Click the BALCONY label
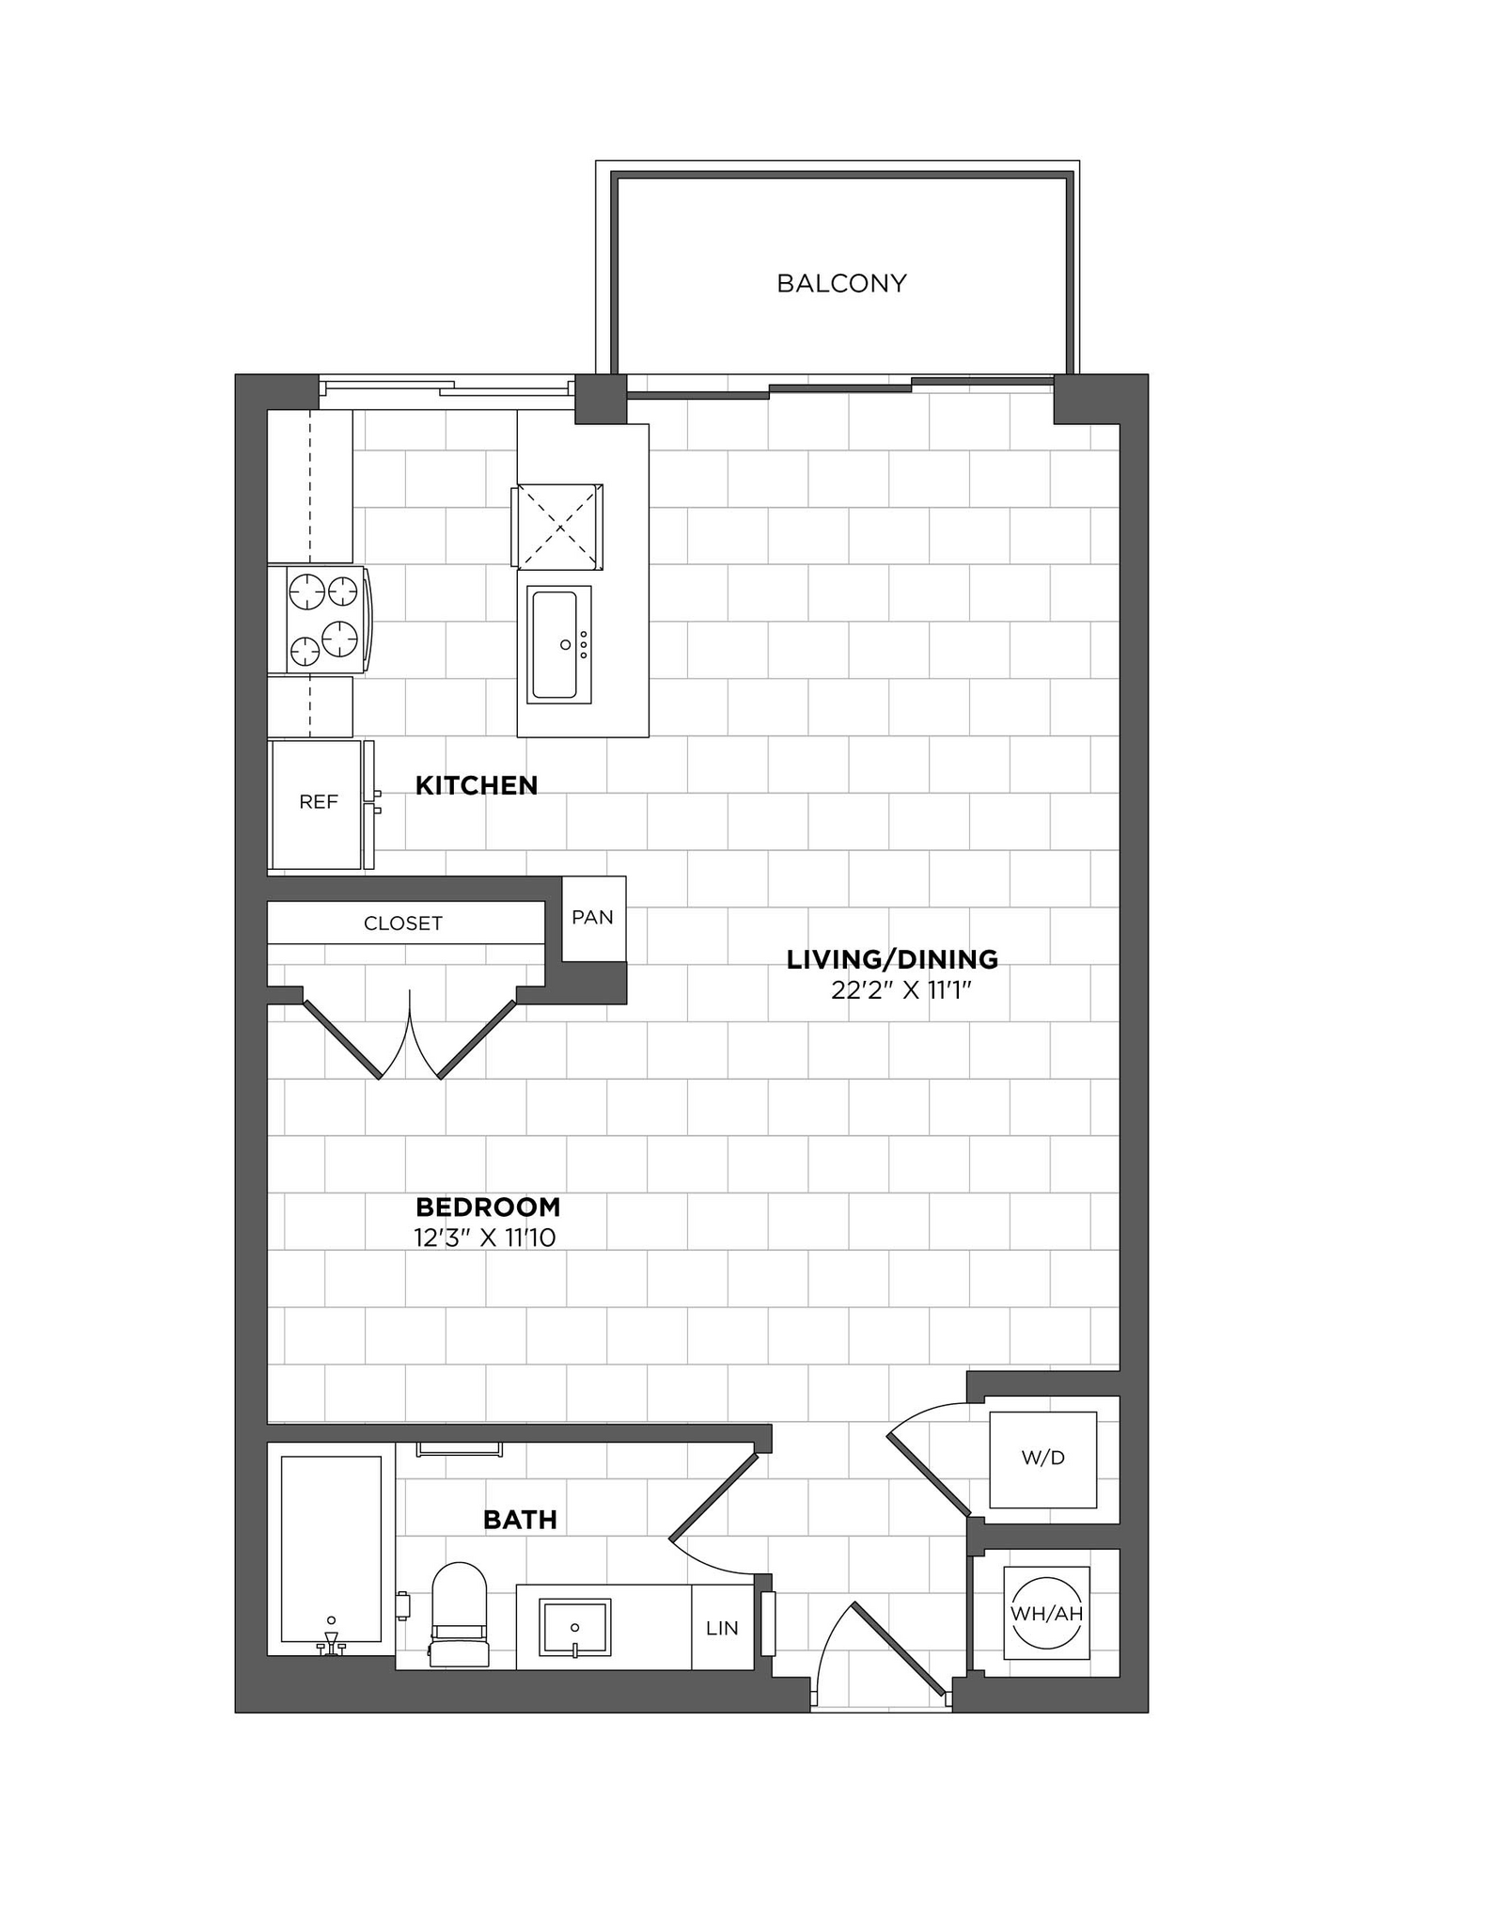click(841, 283)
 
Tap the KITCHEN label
click(477, 785)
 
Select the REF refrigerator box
click(318, 803)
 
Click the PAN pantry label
click(592, 917)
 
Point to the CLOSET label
click(403, 924)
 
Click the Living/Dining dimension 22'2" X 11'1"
click(900, 990)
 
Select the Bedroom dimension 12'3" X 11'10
click(485, 1238)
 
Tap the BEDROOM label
click(488, 1207)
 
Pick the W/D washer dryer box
click(1042, 1459)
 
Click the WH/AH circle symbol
click(1046, 1614)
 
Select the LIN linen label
click(722, 1628)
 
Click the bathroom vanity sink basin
click(574, 1627)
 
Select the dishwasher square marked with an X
click(559, 527)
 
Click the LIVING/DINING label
click(892, 959)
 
